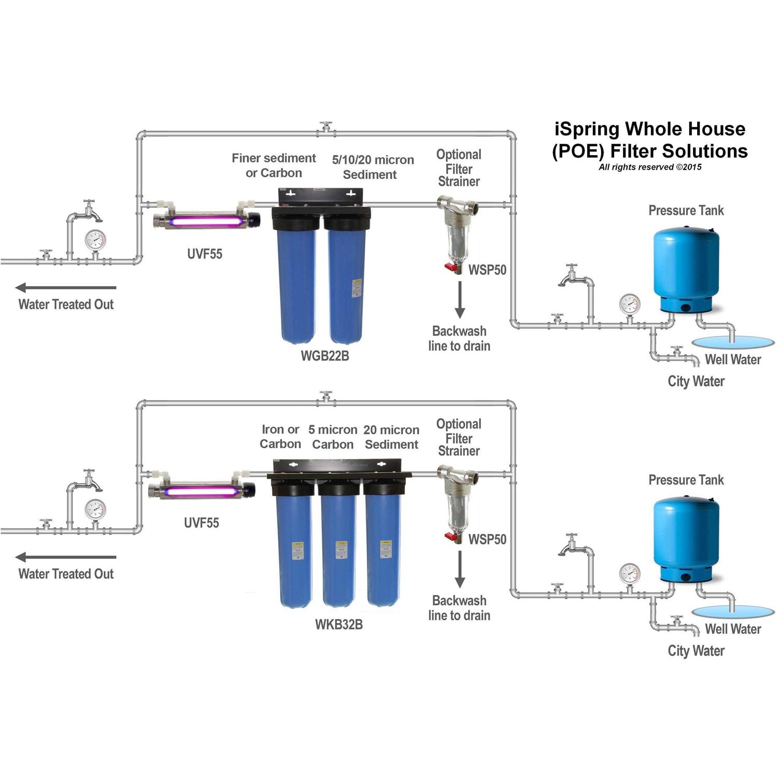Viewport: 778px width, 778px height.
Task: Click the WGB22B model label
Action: click(x=325, y=356)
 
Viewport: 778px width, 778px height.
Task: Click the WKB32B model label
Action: click(x=339, y=624)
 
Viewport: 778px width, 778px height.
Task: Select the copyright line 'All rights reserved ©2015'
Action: click(x=650, y=167)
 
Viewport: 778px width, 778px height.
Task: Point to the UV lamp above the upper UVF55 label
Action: click(x=206, y=221)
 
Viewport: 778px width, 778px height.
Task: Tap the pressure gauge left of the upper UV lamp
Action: click(x=95, y=240)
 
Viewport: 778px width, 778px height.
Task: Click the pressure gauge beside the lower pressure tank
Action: click(x=630, y=574)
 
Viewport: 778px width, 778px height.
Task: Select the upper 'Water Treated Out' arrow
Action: click(x=66, y=287)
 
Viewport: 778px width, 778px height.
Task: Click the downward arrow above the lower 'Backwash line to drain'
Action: click(x=460, y=569)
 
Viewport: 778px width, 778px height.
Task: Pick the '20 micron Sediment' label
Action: click(x=391, y=437)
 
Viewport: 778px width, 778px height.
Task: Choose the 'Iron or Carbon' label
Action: click(x=280, y=437)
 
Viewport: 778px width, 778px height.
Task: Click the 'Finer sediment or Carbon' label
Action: click(x=274, y=165)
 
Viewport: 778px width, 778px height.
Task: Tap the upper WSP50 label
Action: click(x=487, y=270)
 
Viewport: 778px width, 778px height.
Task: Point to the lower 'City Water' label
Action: click(x=696, y=651)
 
